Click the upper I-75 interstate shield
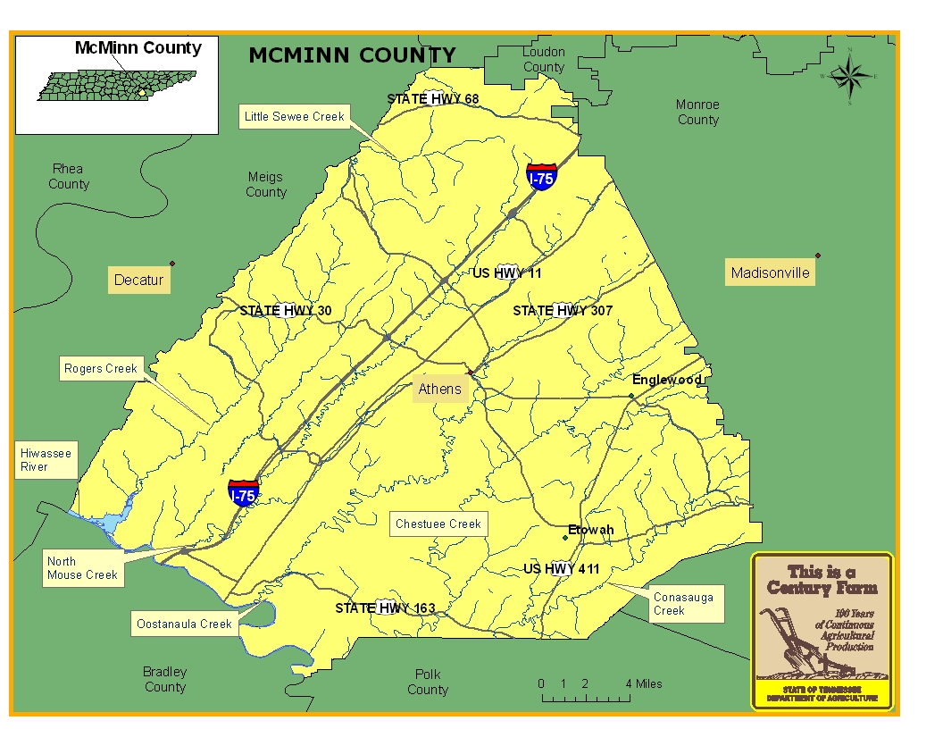[541, 176]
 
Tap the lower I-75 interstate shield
[244, 493]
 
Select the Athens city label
[440, 389]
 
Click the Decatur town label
[138, 280]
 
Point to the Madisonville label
[770, 272]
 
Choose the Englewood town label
[666, 380]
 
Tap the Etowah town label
[590, 530]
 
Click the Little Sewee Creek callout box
[294, 116]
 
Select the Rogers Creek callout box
[101, 368]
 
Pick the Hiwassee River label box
[46, 460]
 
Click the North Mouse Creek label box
[82, 568]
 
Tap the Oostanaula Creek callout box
[184, 624]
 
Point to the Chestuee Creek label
[438, 524]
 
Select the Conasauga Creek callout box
[683, 604]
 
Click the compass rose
[849, 76]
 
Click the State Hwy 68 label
[432, 98]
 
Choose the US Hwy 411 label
[561, 569]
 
